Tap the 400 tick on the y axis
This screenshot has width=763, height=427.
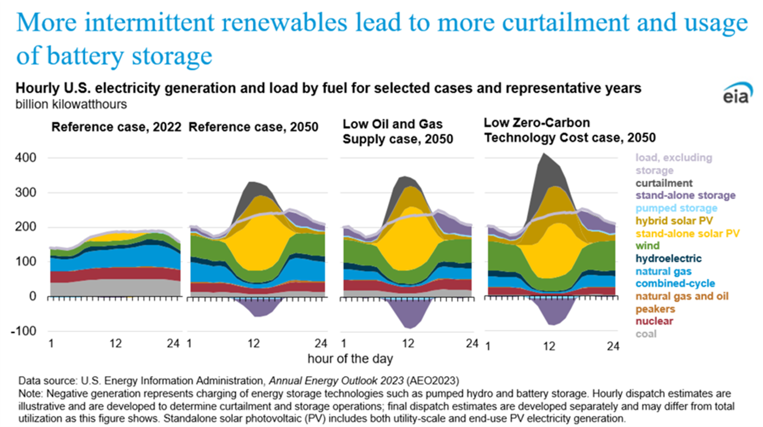click(x=25, y=158)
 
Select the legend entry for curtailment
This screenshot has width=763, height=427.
click(x=664, y=183)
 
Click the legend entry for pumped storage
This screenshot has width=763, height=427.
click(x=677, y=208)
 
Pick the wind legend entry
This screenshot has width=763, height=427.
click(x=647, y=246)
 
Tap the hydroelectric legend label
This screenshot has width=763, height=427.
click(x=669, y=259)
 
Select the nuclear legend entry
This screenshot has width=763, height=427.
click(x=654, y=321)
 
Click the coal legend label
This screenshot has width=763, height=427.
click(x=646, y=333)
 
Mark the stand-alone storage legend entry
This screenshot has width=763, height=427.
click(x=685, y=195)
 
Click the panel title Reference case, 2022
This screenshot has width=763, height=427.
click(x=116, y=127)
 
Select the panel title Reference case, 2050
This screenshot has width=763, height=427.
click(x=253, y=127)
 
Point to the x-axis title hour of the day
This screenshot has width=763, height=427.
click(x=350, y=359)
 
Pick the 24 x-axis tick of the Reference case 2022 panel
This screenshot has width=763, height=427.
click(x=173, y=344)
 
